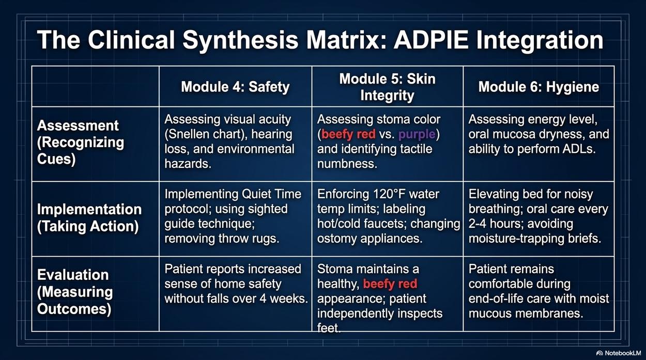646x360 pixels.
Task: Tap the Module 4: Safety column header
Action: [235, 87]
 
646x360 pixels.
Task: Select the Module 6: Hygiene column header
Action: [539, 87]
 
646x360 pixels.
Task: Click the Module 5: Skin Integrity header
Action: [387, 87]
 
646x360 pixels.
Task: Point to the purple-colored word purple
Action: [417, 134]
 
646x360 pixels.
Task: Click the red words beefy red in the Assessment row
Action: [348, 134]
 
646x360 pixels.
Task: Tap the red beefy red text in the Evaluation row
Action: [390, 284]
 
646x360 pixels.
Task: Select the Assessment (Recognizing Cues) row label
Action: [81, 143]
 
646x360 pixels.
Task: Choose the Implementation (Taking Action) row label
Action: [89, 217]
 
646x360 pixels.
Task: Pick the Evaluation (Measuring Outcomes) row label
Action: [75, 292]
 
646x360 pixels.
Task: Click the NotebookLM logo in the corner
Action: [618, 353]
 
